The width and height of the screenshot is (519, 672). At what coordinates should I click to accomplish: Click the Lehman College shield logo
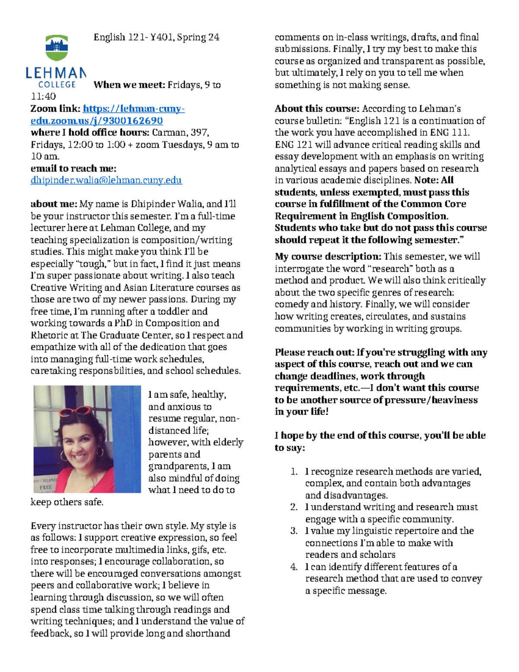pyautogui.click(x=57, y=48)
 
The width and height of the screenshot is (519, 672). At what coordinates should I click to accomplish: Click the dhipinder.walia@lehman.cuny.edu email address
pyautogui.click(x=106, y=180)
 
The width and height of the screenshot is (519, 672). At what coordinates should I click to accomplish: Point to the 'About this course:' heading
pyautogui.click(x=317, y=109)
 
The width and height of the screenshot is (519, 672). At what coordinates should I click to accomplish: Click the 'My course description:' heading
pyautogui.click(x=328, y=256)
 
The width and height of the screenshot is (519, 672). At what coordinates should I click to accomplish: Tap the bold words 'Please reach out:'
pyautogui.click(x=314, y=352)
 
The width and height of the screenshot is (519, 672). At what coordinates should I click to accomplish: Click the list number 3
pyautogui.click(x=294, y=531)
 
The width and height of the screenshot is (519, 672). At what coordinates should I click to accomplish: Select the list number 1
pyautogui.click(x=294, y=471)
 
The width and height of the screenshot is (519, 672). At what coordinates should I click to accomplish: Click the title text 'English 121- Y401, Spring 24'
pyautogui.click(x=157, y=37)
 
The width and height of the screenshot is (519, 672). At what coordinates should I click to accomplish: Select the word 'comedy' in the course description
pyautogui.click(x=291, y=304)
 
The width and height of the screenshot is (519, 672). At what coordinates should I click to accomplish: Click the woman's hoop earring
pyautogui.click(x=100, y=452)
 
